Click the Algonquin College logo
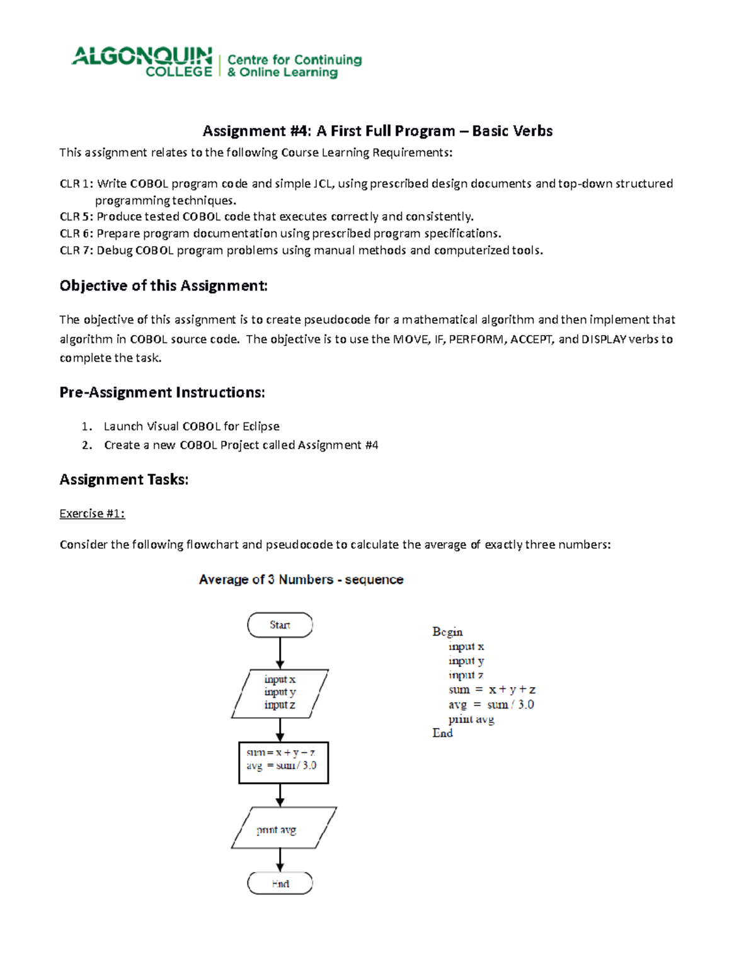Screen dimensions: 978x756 142,62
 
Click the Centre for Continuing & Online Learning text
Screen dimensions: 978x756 294,66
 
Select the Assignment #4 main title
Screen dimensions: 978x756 377,131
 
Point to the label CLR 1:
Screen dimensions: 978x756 76,184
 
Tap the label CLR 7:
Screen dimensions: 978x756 76,251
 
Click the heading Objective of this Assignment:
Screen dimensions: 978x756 163,286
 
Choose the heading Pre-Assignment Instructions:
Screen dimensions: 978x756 162,392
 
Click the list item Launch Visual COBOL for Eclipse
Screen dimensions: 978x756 192,426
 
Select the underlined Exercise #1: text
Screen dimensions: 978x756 92,514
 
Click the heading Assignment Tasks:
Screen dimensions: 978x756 124,480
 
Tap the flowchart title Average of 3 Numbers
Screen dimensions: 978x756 301,579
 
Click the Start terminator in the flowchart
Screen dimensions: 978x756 280,625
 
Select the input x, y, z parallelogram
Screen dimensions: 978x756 280,693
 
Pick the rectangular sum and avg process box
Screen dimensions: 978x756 283,763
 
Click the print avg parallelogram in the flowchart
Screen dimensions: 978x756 283,828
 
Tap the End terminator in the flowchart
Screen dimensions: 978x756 280,884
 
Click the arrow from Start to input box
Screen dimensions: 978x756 280,653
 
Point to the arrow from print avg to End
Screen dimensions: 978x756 280,860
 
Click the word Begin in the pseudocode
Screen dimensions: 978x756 447,632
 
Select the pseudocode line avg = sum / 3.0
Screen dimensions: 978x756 491,705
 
